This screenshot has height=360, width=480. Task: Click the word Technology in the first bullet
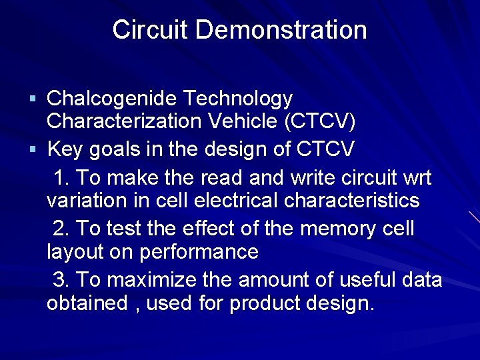[237, 99]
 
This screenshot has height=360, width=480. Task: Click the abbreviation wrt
[417, 179]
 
